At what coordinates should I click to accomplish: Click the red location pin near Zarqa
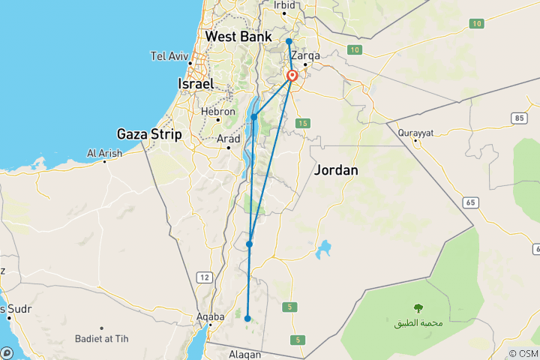[x=292, y=75]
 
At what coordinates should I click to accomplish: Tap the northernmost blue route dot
[x=289, y=41]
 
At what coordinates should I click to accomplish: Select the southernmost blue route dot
[x=247, y=319]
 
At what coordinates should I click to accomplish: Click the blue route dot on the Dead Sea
[x=254, y=117]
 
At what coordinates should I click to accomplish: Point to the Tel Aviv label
[x=169, y=56]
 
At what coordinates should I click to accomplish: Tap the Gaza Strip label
[x=149, y=135]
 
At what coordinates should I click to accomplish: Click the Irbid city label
[x=285, y=4]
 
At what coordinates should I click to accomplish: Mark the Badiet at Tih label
[x=101, y=339]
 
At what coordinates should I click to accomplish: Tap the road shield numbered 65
[x=470, y=202]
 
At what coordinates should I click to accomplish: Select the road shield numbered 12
[x=204, y=277]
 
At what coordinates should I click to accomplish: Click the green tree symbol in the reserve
[x=417, y=307]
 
